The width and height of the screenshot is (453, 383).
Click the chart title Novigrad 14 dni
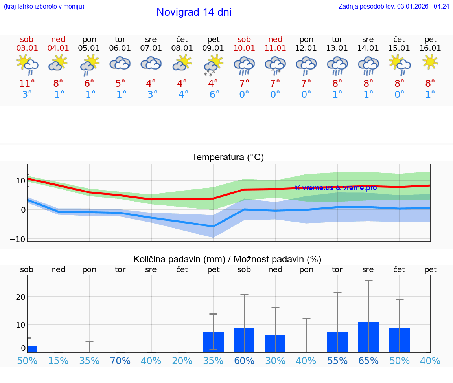pyautogui.click(x=194, y=12)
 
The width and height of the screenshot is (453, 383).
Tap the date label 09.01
pyautogui.click(x=213, y=48)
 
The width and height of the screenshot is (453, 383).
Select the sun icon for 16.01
pyautogui.click(x=430, y=62)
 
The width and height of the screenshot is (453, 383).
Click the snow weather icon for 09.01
pyautogui.click(x=213, y=65)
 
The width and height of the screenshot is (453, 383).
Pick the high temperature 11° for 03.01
pyautogui.click(x=27, y=84)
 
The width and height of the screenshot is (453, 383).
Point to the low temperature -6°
pyautogui.click(x=213, y=95)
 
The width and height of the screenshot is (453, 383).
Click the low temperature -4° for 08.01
pyautogui.click(x=182, y=95)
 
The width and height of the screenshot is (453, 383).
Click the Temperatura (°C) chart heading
pyautogui.click(x=228, y=158)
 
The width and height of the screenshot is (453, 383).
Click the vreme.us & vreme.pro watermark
pyautogui.click(x=335, y=188)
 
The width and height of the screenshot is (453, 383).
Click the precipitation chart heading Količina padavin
pyautogui.click(x=179, y=259)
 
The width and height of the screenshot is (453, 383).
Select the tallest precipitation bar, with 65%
pyautogui.click(x=368, y=337)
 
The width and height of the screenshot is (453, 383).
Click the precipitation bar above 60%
pyautogui.click(x=244, y=340)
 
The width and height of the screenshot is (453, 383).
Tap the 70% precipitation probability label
pyautogui.click(x=120, y=361)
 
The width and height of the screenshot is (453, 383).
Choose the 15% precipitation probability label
pyautogui.click(x=58, y=361)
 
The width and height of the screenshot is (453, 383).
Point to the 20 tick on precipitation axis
pyautogui.click(x=20, y=297)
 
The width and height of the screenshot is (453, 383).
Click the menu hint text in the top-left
pyautogui.click(x=44, y=6)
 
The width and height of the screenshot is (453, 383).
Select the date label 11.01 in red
pyautogui.click(x=275, y=48)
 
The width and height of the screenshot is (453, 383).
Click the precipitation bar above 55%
pyautogui.click(x=337, y=342)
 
